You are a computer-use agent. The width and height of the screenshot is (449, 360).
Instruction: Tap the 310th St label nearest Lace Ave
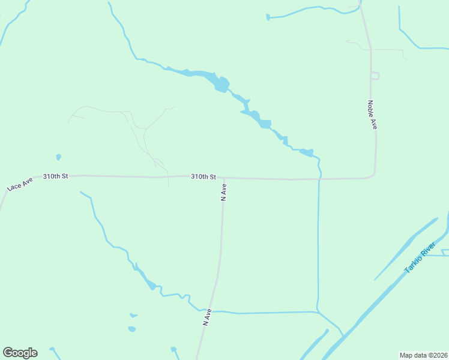pos(56,176)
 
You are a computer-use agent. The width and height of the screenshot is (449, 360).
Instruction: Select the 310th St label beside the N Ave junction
pos(203,177)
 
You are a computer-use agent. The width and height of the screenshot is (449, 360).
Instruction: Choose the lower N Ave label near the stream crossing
pos(207,317)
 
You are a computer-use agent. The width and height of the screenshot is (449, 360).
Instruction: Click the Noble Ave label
pos(372,115)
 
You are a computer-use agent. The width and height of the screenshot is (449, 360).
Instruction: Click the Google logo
pos(20,353)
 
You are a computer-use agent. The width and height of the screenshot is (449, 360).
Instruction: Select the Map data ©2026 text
pos(423,355)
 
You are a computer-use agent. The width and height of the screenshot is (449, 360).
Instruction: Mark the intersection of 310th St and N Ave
pos(223,178)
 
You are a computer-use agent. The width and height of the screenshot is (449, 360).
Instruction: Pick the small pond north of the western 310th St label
pos(58,157)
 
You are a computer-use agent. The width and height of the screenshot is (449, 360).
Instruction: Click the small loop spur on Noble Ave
pos(375,76)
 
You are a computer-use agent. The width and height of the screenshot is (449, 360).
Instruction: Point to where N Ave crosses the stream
pos(214,311)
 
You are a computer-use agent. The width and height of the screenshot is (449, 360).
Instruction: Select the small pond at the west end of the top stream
pos(268,17)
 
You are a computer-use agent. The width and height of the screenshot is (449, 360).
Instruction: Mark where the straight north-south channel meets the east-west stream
pos(317,311)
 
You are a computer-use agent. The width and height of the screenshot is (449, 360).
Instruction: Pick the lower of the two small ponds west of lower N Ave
pos(131,329)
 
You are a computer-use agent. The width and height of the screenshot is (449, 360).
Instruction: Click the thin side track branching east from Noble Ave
pos(387,50)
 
